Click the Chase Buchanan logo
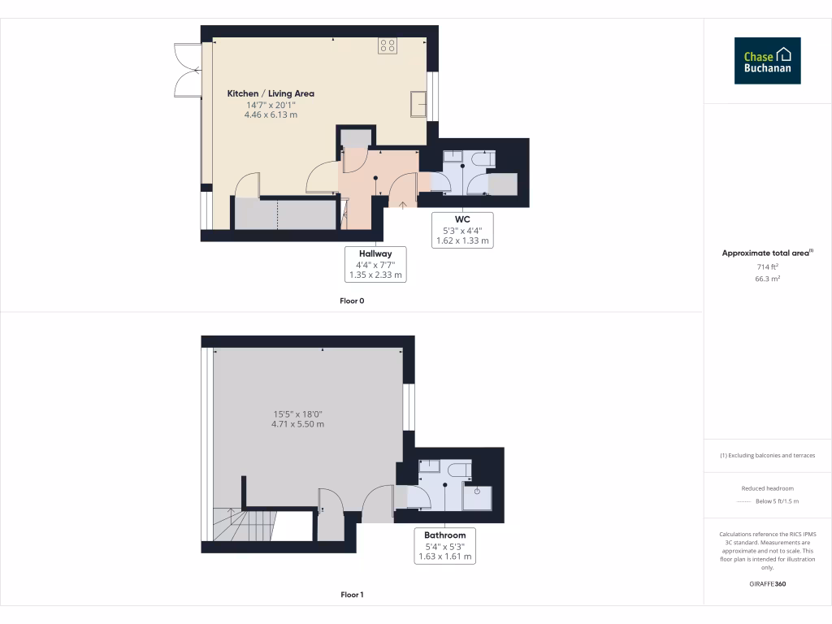coord(767,61)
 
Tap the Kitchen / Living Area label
coord(271,93)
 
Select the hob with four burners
coord(387,45)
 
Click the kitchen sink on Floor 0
coord(419,104)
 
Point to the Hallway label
coord(375,253)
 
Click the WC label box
coord(462,230)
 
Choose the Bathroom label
coord(444,546)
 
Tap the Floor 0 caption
coord(352,301)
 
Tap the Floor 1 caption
coord(352,595)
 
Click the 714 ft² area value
coord(767,266)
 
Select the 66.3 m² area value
coord(767,279)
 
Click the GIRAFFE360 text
coord(767,584)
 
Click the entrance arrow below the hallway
coord(404,202)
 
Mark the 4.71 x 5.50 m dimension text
coord(298,424)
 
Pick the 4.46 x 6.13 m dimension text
coord(271,115)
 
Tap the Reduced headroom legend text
coord(767,488)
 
